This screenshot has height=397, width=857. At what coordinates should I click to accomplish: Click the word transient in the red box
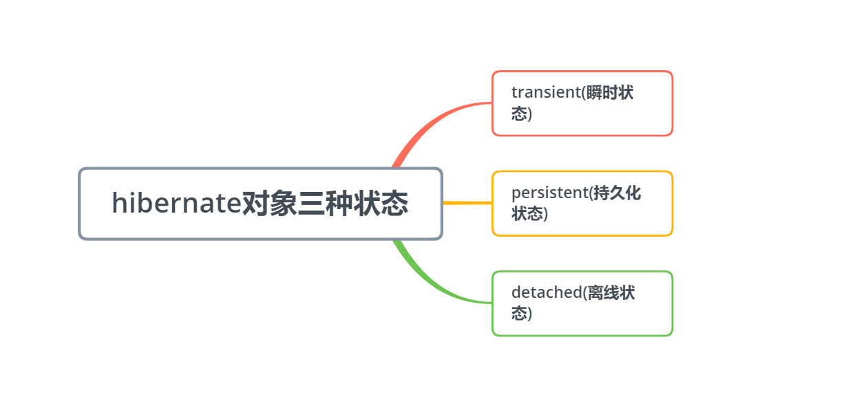coord(546,93)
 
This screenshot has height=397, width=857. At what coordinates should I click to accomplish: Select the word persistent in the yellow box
coord(549,193)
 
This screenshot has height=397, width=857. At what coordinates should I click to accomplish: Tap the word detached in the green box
coord(547,292)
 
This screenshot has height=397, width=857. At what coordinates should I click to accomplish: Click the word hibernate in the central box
coord(176,204)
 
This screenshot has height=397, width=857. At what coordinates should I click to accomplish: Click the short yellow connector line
coord(467,203)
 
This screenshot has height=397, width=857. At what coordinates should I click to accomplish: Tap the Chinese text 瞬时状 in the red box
coord(610,93)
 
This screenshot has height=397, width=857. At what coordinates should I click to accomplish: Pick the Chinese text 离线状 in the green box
coord(611,292)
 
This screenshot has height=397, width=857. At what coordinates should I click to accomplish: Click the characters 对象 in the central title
coord(269,204)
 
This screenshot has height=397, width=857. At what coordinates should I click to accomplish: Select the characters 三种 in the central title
coord(326,204)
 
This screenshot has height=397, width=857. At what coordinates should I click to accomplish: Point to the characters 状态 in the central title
coord(381,204)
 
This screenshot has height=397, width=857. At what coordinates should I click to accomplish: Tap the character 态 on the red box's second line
coord(519,114)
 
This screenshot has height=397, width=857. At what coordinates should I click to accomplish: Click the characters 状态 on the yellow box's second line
coord(527,214)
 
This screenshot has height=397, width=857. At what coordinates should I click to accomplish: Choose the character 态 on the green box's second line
coord(519,313)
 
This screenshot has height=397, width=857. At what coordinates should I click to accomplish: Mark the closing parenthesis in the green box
coord(530,314)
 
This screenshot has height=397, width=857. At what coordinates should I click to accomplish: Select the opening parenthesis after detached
coord(585,293)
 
